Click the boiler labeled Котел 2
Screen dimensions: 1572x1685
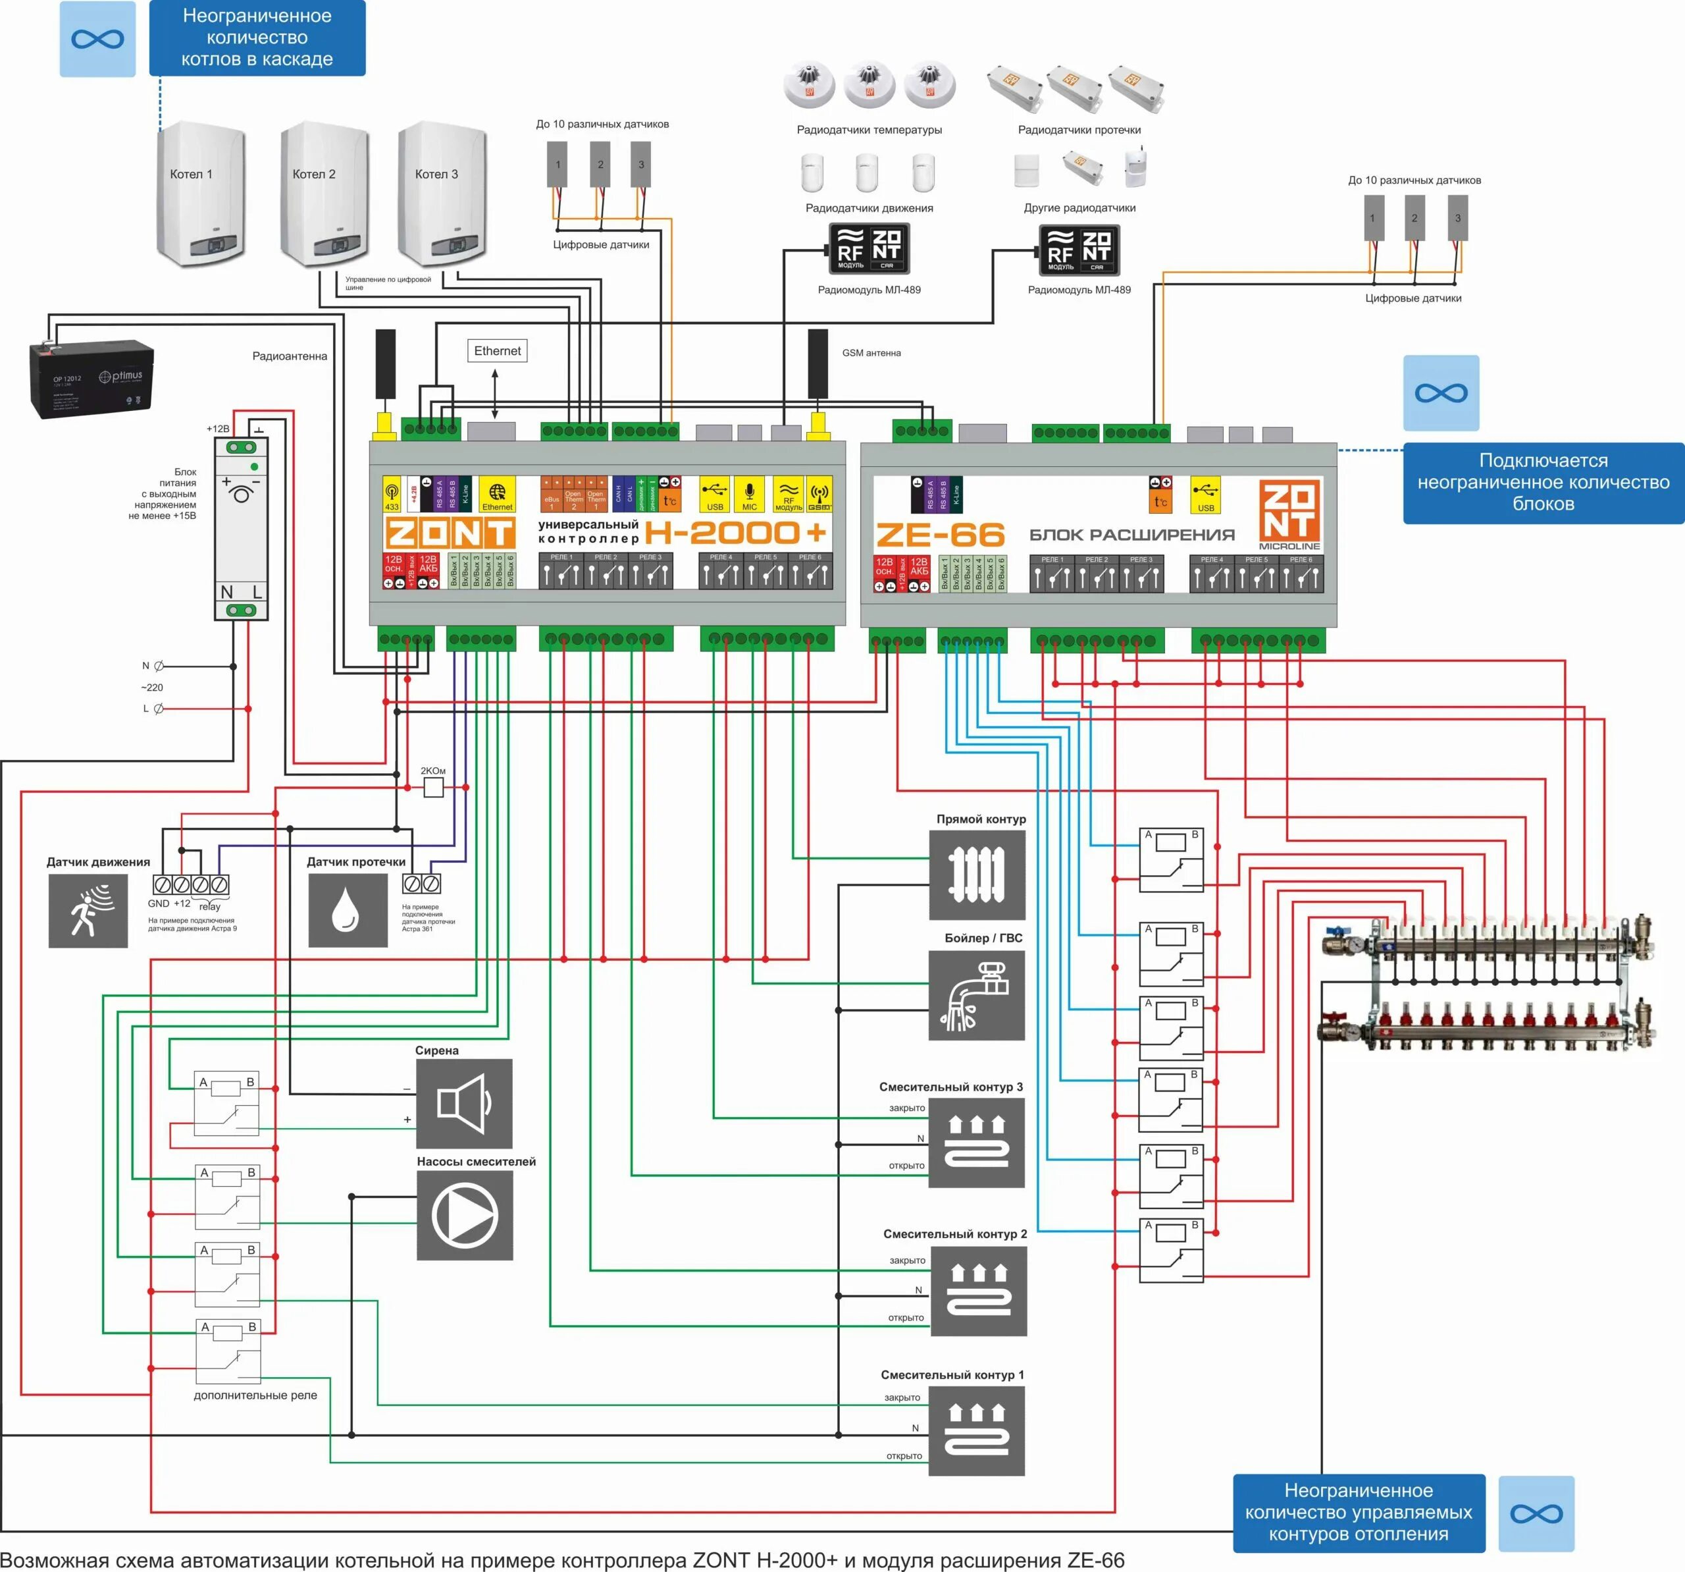324,195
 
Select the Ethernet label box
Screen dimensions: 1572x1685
498,351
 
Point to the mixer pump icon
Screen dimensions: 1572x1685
465,1215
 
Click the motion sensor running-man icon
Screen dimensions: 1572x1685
88,911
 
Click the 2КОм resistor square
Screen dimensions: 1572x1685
433,788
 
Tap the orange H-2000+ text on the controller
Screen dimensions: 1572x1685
735,533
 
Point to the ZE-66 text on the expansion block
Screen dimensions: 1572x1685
940,535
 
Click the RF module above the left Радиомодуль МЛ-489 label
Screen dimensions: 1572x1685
869,248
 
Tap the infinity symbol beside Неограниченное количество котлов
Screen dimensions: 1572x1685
97,39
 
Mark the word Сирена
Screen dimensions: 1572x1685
436,1050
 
